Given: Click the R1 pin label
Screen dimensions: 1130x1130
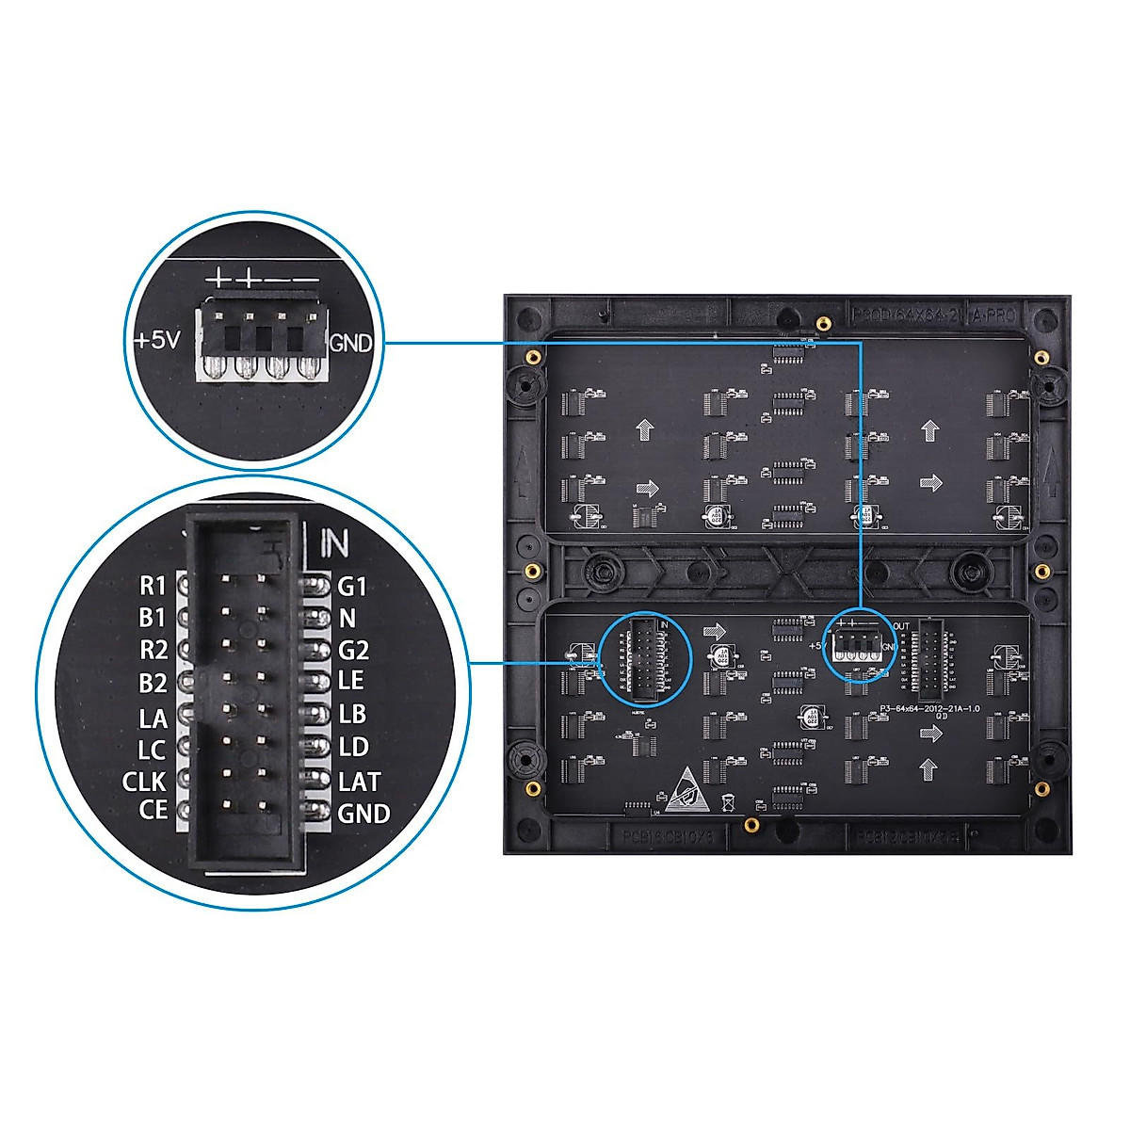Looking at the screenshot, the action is coord(153,587).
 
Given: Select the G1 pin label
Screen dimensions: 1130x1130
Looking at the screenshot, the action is coord(351,587).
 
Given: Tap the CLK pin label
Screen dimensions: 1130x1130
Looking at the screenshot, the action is coord(144,782).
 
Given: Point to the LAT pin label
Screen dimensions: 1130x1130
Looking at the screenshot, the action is coord(359,782).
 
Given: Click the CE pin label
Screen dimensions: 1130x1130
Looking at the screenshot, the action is coord(153,809).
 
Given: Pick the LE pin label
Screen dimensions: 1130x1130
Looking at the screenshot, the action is coord(350,680).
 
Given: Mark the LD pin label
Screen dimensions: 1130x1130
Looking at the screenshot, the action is coord(353,748).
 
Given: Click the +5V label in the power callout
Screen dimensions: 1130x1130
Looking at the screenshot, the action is coord(156,340).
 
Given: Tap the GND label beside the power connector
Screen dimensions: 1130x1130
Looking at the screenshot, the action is coord(350,344).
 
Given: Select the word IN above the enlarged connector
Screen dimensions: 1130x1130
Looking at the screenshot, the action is coord(333,542).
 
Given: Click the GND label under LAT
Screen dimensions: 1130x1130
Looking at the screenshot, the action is coord(363,813).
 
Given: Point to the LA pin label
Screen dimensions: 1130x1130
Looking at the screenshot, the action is coord(153,719).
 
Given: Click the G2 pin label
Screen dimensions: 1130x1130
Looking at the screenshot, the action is coord(353,650).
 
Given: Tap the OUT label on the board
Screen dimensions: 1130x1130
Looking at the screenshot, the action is coord(901,626).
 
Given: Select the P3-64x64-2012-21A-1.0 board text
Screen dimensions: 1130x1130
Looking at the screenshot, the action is coord(928,708).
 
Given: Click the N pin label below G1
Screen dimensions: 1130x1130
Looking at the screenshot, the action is coord(347,619).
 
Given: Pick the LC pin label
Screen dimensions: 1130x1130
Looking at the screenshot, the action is coord(152,751).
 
